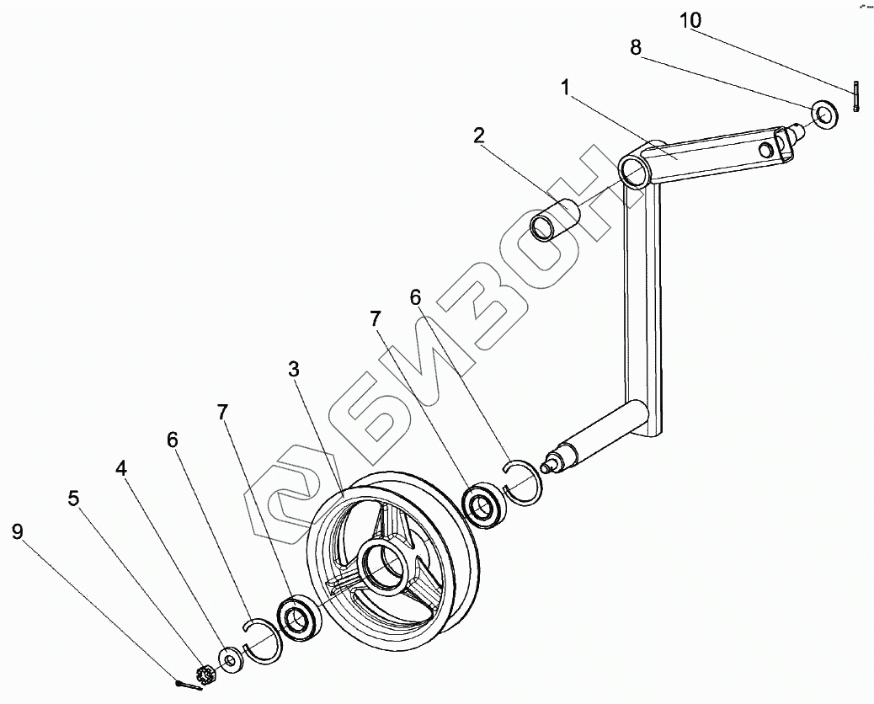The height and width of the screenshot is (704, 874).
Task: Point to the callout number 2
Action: click(478, 136)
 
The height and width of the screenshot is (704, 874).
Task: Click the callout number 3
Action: click(293, 369)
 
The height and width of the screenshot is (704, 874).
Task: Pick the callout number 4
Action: click(122, 469)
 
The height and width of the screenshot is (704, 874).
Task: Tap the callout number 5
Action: click(74, 498)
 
